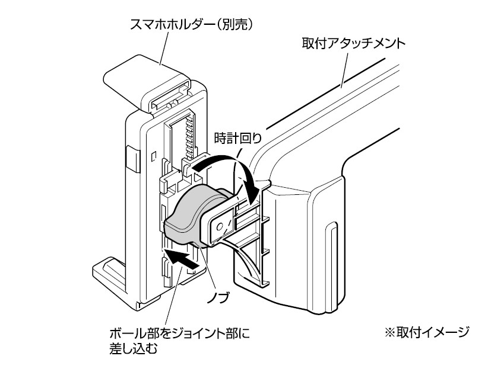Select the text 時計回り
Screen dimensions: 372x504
[237, 137]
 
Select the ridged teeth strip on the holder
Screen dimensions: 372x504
[190, 133]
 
